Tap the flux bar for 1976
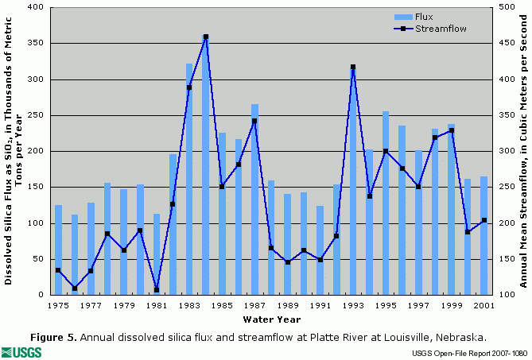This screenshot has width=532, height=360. coord(75,254)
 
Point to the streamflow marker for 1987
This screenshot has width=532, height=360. coord(254,122)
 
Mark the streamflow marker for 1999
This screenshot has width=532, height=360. coord(452,130)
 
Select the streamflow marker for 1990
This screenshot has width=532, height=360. coord(304,250)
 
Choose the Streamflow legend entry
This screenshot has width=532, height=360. coord(439,28)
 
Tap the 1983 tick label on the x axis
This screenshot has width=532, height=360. coord(189,304)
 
